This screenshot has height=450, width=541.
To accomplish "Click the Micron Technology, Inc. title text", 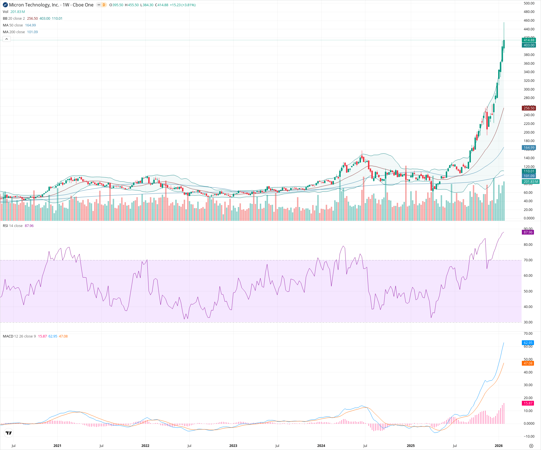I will pyautogui.click(x=34, y=5).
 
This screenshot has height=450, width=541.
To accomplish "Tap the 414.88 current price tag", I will pyautogui.click(x=529, y=40).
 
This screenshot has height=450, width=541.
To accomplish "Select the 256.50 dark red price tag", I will pyautogui.click(x=529, y=108).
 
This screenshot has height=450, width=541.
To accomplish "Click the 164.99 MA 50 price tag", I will pyautogui.click(x=529, y=148).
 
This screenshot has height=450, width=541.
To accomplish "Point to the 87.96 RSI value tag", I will pyautogui.click(x=528, y=232).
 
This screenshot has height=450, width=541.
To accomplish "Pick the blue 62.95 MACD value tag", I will pyautogui.click(x=528, y=343).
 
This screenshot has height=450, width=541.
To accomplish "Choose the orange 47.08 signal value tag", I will pyautogui.click(x=528, y=363).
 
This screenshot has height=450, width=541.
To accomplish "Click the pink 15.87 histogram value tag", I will pyautogui.click(x=528, y=403).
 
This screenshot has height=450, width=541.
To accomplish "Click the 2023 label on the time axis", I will pyautogui.click(x=233, y=446).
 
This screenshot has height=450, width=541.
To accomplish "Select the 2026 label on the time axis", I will pyautogui.click(x=499, y=446).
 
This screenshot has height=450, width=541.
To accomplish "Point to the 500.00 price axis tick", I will pyautogui.click(x=529, y=3).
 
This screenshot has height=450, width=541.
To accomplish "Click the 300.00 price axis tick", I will pyautogui.click(x=529, y=89).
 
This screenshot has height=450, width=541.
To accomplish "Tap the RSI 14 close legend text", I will pyautogui.click(x=13, y=226).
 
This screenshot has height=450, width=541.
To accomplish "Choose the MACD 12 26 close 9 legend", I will pyautogui.click(x=19, y=336).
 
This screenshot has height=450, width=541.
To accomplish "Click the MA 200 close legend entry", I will pyautogui.click(x=14, y=32).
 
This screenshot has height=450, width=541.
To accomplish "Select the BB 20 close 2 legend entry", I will pyautogui.click(x=14, y=19).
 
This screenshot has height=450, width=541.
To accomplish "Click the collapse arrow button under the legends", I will pyautogui.click(x=6, y=39).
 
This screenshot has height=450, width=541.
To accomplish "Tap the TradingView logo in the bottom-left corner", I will pyautogui.click(x=9, y=433).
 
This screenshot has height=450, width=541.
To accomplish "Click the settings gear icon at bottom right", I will pyautogui.click(x=531, y=446).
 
